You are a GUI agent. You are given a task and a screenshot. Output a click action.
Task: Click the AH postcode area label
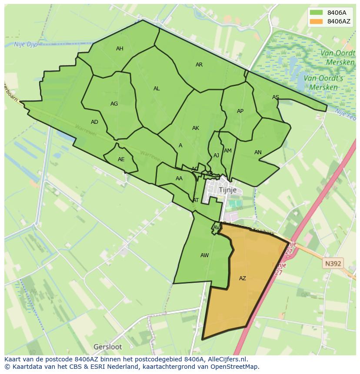pyautogui.click(x=120, y=49)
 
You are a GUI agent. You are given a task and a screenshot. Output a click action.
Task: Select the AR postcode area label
pyautogui.click(x=199, y=65)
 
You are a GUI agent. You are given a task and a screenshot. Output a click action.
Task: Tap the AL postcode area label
pyautogui.click(x=157, y=89)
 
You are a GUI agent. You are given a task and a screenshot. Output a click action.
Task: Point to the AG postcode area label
pyautogui.click(x=114, y=104)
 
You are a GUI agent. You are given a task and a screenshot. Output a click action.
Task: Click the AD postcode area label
pyautogui.click(x=94, y=122)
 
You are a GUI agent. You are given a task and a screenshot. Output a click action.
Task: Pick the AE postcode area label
pyautogui.click(x=121, y=159)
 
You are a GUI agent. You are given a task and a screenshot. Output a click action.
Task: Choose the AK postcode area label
pyautogui.click(x=196, y=128)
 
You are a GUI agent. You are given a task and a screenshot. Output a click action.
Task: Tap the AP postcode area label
pyautogui.click(x=240, y=111)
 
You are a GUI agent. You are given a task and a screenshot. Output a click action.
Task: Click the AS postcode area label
pyautogui.click(x=276, y=97)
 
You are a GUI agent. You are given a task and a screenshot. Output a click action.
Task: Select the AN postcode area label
pyautogui.click(x=258, y=152)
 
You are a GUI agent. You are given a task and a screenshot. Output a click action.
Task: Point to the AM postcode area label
pyautogui.click(x=228, y=151)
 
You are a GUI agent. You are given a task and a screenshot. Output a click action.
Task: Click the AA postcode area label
pyautogui.click(x=179, y=179)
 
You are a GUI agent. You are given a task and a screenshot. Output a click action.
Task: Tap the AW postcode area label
pyautogui.click(x=205, y=255)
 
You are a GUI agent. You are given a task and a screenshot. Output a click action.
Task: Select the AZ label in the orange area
pyautogui.click(x=243, y=278)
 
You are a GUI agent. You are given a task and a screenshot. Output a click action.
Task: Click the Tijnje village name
pyautogui.click(x=228, y=190)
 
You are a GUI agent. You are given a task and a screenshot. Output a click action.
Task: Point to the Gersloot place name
pyautogui.click(x=108, y=347)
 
